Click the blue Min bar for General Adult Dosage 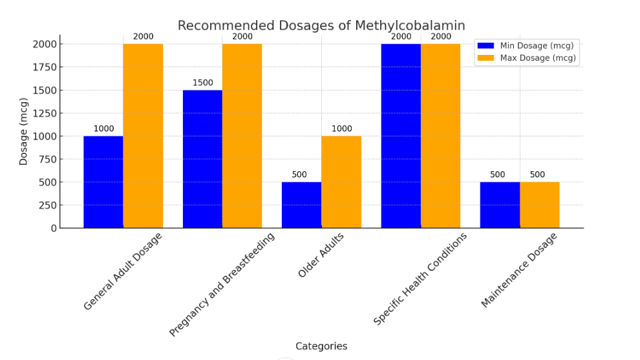[x=103, y=182]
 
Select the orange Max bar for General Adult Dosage [x=143, y=136]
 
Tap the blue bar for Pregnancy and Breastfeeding [x=202, y=159]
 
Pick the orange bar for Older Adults [x=341, y=182]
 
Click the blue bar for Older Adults [x=301, y=205]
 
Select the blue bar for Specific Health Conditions [x=401, y=136]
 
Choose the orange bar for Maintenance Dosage [x=540, y=205]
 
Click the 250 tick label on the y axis [x=47, y=205]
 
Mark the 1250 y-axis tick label [x=43, y=113]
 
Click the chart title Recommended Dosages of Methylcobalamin [x=321, y=26]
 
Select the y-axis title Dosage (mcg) [x=24, y=131]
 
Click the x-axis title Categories [x=321, y=346]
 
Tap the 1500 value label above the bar [x=202, y=83]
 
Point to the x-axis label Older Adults [x=321, y=255]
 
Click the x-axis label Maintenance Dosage [x=519, y=270]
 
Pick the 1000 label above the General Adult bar [x=103, y=129]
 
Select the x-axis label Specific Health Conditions [x=420, y=279]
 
